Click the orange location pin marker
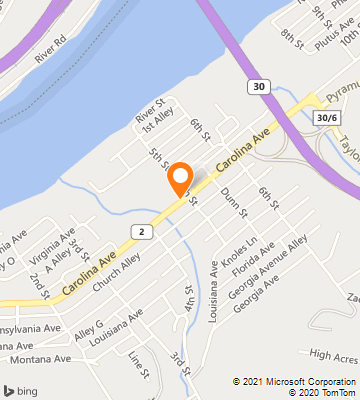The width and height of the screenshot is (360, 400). click(180, 177)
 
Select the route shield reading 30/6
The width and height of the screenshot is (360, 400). click(326, 118)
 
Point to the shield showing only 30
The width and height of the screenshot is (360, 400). click(260, 88)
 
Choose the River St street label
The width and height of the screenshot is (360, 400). click(150, 108)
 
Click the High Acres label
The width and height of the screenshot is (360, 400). click(333, 354)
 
